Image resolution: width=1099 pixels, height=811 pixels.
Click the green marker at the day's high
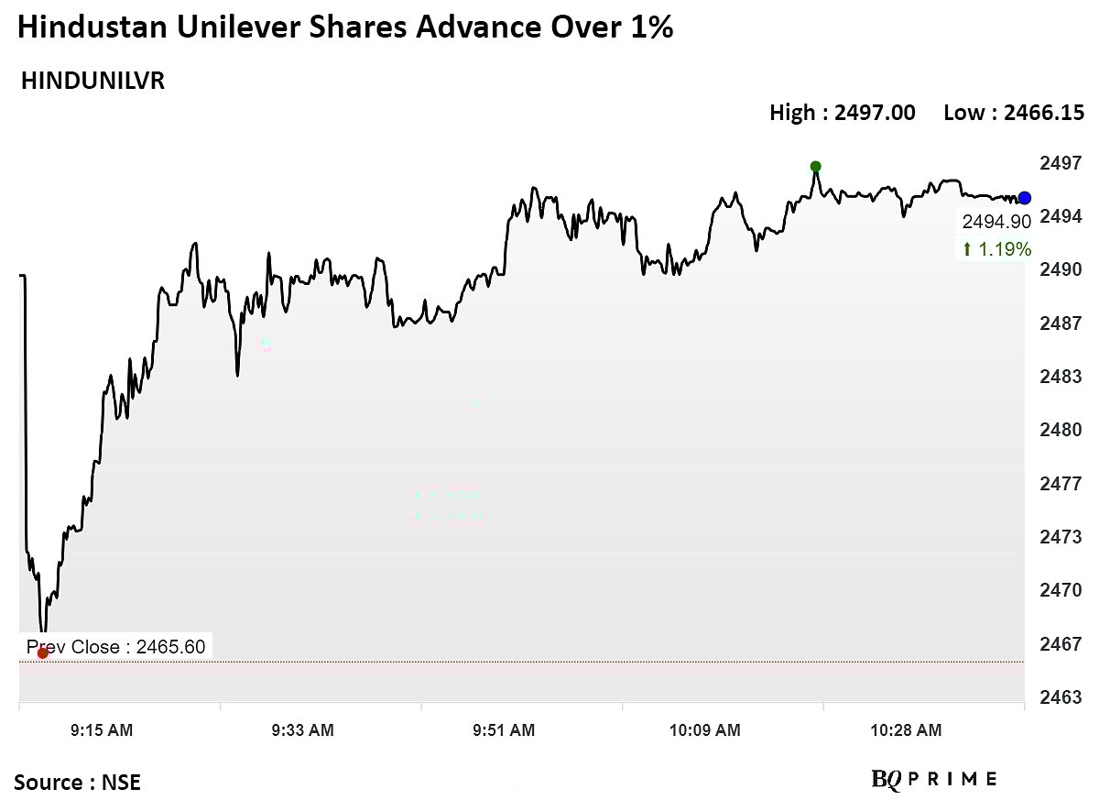pyautogui.click(x=815, y=167)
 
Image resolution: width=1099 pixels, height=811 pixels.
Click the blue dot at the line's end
pyautogui.click(x=1025, y=198)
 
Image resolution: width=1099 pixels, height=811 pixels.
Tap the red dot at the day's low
pyautogui.click(x=42, y=652)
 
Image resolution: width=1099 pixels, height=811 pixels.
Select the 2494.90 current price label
pyautogui.click(x=996, y=222)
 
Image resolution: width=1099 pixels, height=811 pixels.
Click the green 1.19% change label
pyautogui.click(x=996, y=249)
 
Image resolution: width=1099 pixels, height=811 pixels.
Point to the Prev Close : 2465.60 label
pyautogui.click(x=115, y=647)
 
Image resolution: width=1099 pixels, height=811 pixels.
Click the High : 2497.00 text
pyautogui.click(x=842, y=113)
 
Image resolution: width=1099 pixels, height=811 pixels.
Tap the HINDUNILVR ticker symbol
pyautogui.click(x=92, y=82)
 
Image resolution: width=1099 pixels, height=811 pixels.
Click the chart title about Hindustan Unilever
pyautogui.click(x=345, y=28)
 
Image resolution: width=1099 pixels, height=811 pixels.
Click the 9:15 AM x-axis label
pyautogui.click(x=102, y=730)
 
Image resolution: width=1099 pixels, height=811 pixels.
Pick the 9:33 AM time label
pyautogui.click(x=302, y=730)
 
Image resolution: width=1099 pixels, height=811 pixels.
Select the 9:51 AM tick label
pyautogui.click(x=504, y=730)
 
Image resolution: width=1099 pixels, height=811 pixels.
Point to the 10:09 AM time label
pyautogui.click(x=705, y=730)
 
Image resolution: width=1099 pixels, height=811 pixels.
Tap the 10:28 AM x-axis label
pyautogui.click(x=906, y=730)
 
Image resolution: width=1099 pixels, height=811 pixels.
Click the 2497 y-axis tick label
pyautogui.click(x=1061, y=163)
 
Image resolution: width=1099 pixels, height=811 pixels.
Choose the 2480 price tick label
pyautogui.click(x=1061, y=430)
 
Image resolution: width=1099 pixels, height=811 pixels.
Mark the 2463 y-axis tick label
pyautogui.click(x=1061, y=697)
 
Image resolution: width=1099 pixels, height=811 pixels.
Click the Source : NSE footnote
pyautogui.click(x=78, y=783)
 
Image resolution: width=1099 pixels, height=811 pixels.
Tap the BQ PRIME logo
pyautogui.click(x=934, y=780)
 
